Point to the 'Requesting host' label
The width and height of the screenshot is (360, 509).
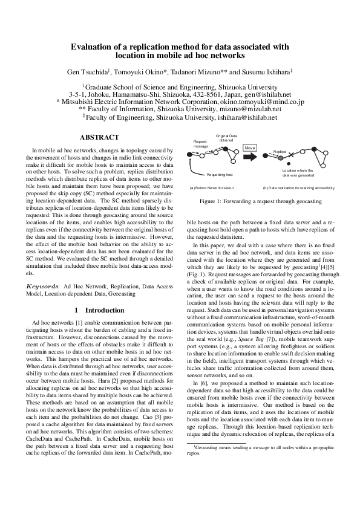(220, 174)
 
